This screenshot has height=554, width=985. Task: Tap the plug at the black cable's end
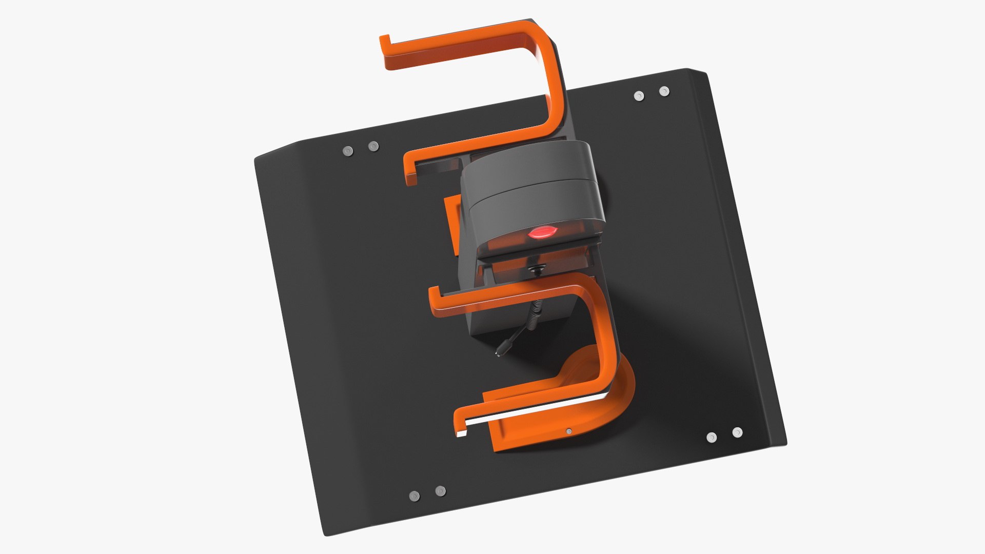499,353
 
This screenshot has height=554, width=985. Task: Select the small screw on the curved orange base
568,431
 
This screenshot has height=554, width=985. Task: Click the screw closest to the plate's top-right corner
664,91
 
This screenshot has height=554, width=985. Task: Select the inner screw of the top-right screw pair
639,96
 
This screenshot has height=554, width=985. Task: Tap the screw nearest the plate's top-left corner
347,151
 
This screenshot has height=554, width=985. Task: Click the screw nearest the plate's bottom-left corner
414,496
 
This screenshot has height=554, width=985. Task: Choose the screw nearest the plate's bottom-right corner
737,432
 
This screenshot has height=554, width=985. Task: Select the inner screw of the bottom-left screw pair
440,491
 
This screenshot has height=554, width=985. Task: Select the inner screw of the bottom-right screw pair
711,438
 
